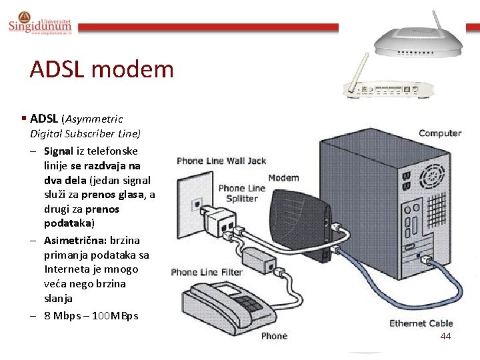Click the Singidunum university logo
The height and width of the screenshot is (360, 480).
(40, 23)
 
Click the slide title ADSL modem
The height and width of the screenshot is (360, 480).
(101, 69)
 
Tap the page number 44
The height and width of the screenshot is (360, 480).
(445, 336)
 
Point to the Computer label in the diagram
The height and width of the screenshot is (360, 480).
(439, 133)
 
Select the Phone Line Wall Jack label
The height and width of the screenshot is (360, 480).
(221, 161)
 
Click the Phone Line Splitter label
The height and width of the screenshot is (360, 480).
(241, 193)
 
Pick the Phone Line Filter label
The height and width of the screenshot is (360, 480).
(207, 272)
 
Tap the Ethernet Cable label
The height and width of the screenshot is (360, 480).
(421, 323)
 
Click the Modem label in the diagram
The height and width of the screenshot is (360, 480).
(283, 178)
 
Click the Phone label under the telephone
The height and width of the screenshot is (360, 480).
(274, 335)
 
